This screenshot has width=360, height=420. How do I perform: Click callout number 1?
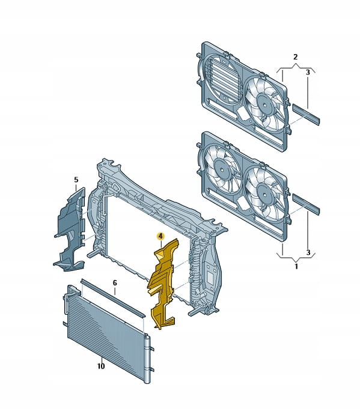(296, 267)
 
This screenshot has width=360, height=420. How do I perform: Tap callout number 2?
(295, 57)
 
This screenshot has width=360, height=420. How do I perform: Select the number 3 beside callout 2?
(308, 72)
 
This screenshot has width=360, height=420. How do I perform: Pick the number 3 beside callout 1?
(308, 252)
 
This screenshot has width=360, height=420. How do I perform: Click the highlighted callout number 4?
(160, 236)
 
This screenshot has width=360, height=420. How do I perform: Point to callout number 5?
(76, 180)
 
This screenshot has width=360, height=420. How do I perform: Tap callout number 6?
(115, 282)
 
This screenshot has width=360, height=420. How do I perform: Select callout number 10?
(101, 366)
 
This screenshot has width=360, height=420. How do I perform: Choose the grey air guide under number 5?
(70, 230)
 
